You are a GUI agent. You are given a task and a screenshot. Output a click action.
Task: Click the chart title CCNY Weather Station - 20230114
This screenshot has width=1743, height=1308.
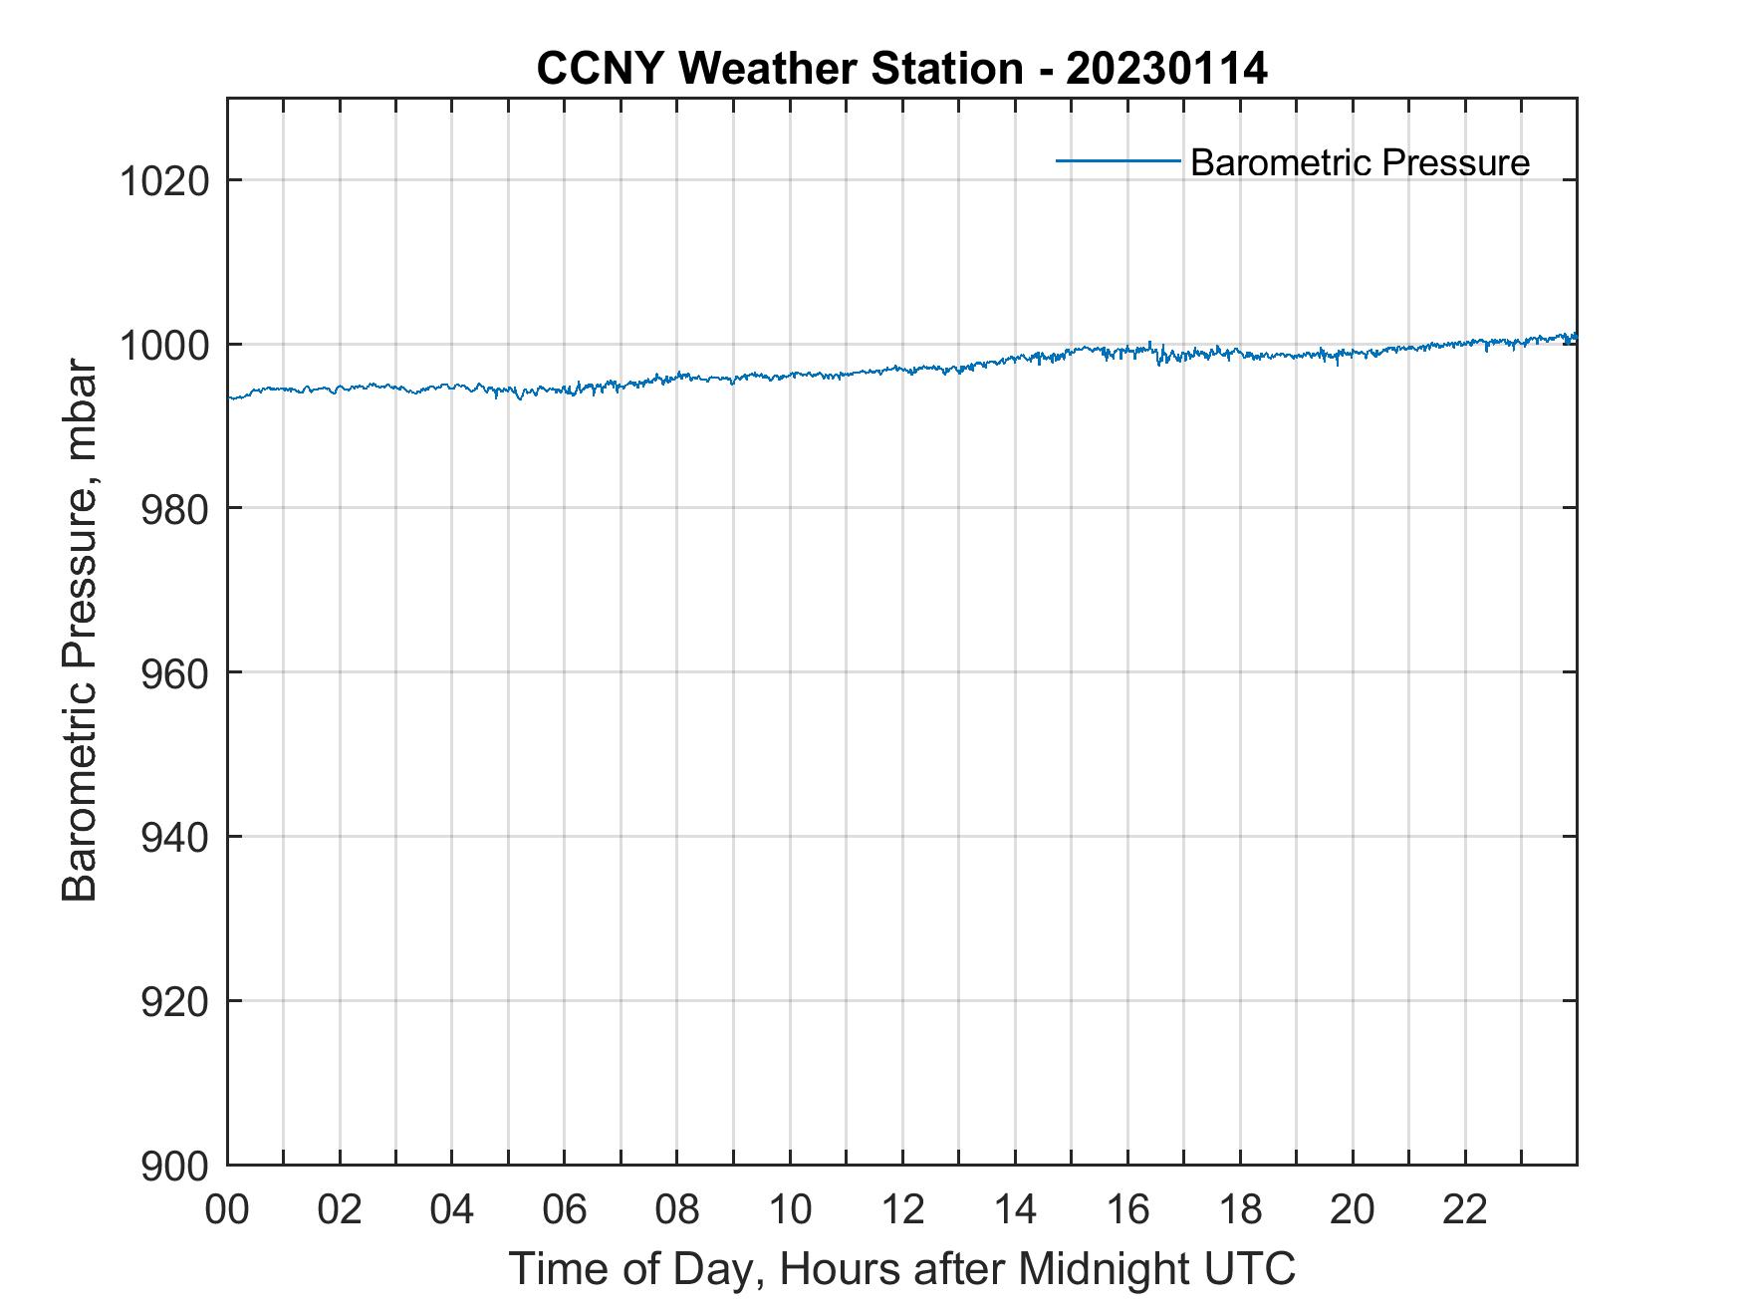[901, 69]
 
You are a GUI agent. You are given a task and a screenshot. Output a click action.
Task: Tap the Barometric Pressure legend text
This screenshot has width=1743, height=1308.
[1360, 162]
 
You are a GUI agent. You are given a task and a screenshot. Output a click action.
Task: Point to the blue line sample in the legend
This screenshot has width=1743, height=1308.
[1118, 159]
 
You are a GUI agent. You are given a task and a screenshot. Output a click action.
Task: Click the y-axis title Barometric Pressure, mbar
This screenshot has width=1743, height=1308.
[80, 630]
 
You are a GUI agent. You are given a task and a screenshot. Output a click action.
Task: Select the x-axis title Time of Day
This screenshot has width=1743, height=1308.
[901, 1268]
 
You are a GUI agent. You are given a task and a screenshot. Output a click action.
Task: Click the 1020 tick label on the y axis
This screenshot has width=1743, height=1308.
[163, 182]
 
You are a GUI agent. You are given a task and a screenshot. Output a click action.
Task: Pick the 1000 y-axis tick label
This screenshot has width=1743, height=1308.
[163, 346]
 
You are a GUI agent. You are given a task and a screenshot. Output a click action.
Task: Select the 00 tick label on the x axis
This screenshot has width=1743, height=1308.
[227, 1209]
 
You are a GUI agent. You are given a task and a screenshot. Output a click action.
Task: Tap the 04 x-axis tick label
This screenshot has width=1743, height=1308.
[452, 1209]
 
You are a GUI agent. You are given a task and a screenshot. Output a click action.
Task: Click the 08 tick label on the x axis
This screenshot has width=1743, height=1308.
[677, 1209]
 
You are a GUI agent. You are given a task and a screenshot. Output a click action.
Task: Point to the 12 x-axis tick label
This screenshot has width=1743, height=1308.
[902, 1209]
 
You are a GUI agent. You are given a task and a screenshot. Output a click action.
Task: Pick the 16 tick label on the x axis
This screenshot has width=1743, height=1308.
[1127, 1209]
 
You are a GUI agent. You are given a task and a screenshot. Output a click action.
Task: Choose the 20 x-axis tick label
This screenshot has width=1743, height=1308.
[1353, 1209]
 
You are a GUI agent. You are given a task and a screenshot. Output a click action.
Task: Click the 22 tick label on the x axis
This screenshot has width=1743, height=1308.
[1465, 1209]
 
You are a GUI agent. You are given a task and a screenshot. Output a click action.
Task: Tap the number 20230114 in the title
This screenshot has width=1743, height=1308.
[1166, 69]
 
